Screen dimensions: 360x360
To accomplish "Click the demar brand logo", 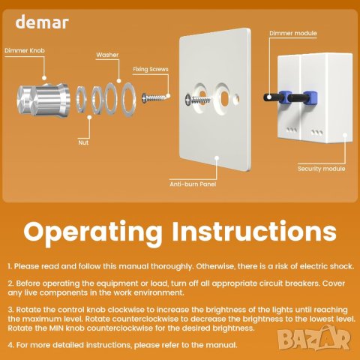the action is pyautogui.click(x=42, y=22).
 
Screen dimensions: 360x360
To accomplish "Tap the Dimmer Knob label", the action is pyautogui.click(x=25, y=50).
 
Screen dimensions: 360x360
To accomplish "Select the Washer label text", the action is pyautogui.click(x=107, y=55).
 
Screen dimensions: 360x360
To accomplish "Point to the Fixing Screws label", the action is pyautogui.click(x=151, y=69).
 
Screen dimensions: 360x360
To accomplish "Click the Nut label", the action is pyautogui.click(x=83, y=142).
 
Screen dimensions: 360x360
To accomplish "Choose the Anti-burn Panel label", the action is pyautogui.click(x=193, y=184).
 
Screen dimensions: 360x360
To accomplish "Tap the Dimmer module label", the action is pyautogui.click(x=293, y=33).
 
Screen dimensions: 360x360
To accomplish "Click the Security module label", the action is pyautogui.click(x=321, y=169).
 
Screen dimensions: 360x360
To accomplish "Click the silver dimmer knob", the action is pyautogui.click(x=43, y=100).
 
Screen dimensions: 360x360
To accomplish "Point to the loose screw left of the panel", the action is pyautogui.click(x=154, y=97).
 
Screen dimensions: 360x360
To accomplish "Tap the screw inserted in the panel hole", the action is pyautogui.click(x=198, y=100).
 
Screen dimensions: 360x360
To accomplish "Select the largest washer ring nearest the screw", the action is pyautogui.click(x=128, y=99).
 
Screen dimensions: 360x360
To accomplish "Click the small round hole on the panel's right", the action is pyautogui.click(x=235, y=99).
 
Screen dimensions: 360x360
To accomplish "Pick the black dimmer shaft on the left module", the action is pyautogui.click(x=271, y=97).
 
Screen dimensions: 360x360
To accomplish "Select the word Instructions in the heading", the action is pyautogui.click(x=254, y=230).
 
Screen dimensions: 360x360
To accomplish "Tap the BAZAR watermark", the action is pyautogui.click(x=314, y=339).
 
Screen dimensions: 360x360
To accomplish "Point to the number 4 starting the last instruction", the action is pyautogui.click(x=10, y=345).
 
